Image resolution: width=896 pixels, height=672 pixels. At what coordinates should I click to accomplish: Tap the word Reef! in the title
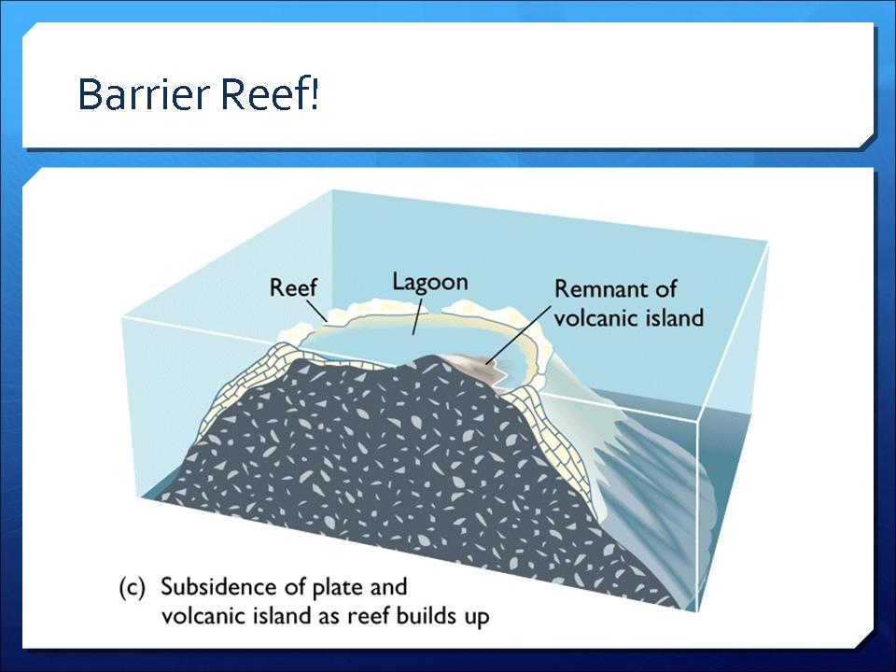pyautogui.click(x=270, y=93)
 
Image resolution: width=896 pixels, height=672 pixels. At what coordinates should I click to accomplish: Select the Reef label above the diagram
pyautogui.click(x=292, y=287)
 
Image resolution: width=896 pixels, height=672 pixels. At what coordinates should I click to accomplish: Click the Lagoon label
pyautogui.click(x=429, y=283)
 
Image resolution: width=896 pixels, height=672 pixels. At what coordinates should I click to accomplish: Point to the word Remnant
pyautogui.click(x=602, y=289)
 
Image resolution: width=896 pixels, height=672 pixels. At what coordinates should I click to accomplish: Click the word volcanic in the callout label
pyautogui.click(x=596, y=317)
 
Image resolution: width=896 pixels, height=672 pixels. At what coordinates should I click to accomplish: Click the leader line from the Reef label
pyautogui.click(x=316, y=311)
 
